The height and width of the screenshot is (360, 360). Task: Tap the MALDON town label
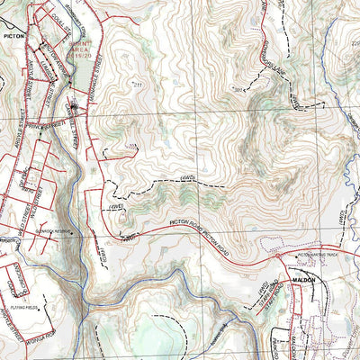pos(303,280)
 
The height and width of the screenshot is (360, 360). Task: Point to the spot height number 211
pos(138,85)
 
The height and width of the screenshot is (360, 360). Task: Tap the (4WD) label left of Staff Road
pos(255,289)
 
